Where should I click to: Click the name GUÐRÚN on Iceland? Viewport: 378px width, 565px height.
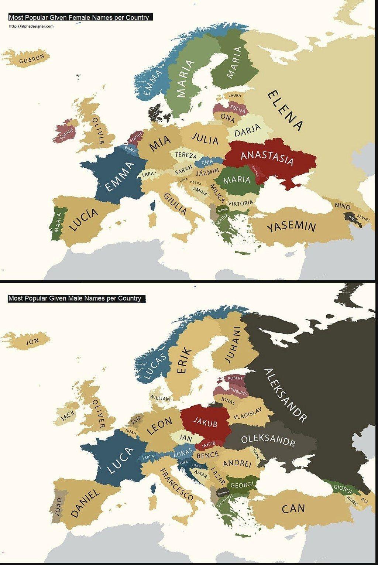(x=31, y=58)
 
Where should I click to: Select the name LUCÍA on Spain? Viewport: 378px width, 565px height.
(x=84, y=219)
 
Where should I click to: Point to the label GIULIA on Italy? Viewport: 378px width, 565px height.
(x=175, y=203)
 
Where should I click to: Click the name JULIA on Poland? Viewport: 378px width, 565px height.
(x=205, y=139)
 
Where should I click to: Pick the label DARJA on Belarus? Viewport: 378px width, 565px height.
(x=247, y=130)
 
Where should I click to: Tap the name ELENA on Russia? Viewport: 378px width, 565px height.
(x=285, y=110)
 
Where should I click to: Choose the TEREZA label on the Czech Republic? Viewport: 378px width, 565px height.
(x=186, y=155)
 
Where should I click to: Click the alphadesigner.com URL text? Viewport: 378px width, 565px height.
(x=31, y=26)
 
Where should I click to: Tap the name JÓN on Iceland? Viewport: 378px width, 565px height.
(x=32, y=342)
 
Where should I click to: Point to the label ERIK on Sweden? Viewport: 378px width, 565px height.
(x=185, y=361)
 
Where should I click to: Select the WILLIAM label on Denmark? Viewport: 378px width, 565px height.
(x=160, y=398)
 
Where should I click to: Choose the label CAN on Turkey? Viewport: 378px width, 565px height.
(x=293, y=508)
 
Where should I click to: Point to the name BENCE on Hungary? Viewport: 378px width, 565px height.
(x=207, y=455)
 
